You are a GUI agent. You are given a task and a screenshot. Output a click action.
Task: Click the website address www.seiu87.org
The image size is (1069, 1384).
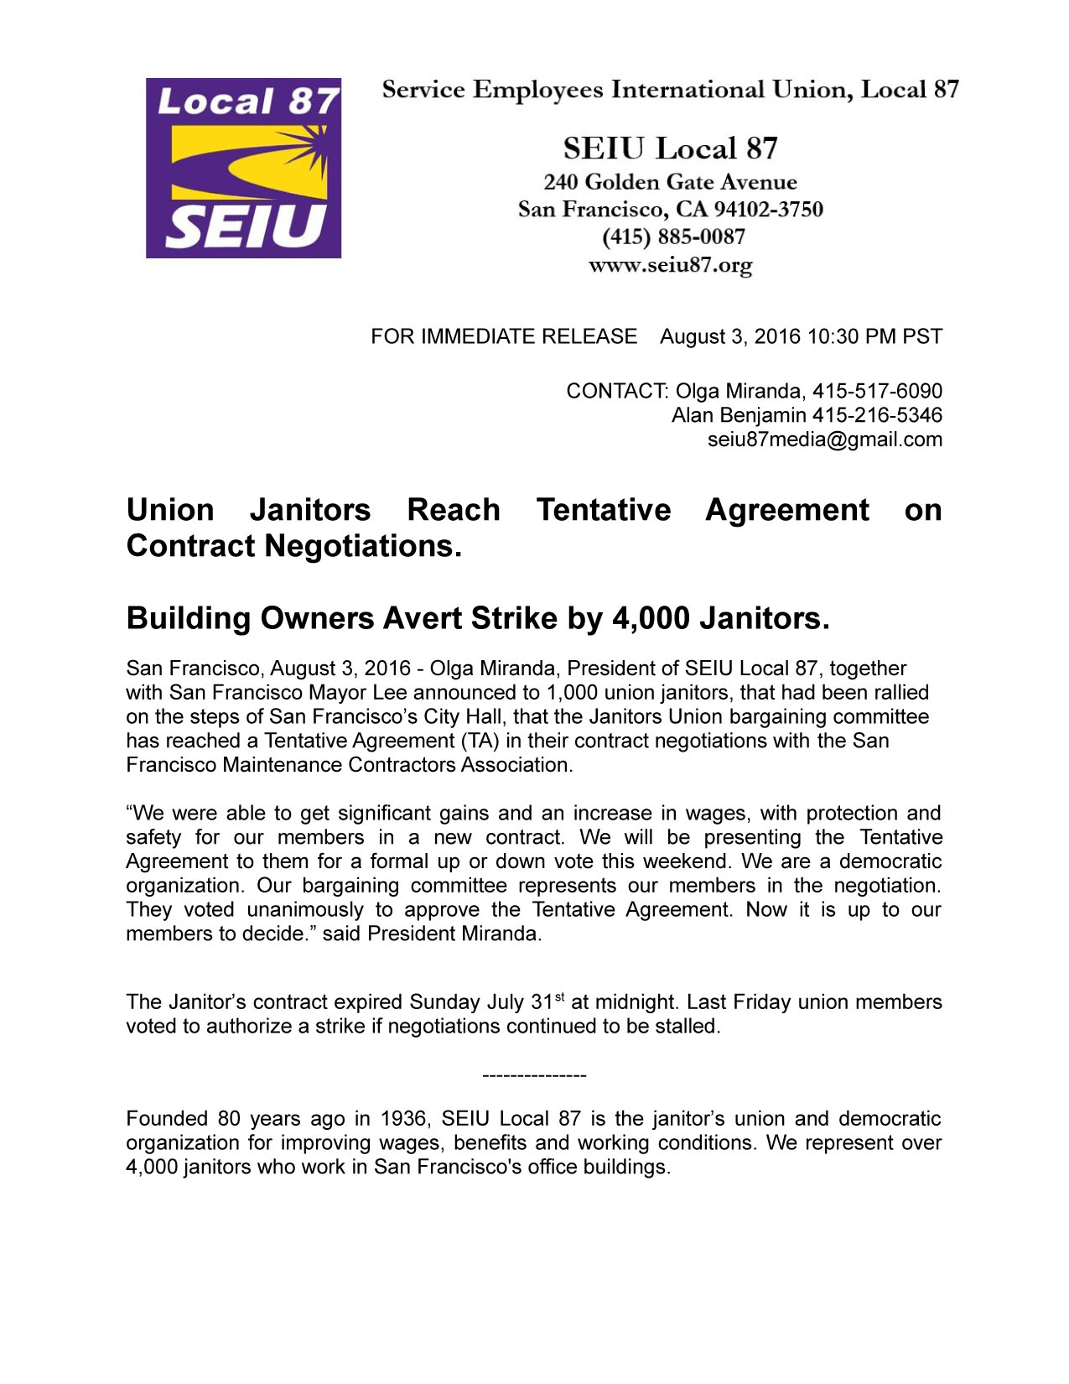[x=670, y=266]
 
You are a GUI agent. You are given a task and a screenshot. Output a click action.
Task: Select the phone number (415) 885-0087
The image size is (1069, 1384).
[x=673, y=237]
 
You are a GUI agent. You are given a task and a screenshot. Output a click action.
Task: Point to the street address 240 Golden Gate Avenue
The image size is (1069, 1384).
[x=670, y=182]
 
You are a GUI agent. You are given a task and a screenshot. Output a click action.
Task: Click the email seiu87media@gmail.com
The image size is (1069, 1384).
[x=825, y=440]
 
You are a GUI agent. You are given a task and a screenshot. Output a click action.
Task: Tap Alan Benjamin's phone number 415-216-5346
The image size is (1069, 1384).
[x=877, y=415]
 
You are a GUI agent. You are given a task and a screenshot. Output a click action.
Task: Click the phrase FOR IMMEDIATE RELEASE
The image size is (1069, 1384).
[x=504, y=336]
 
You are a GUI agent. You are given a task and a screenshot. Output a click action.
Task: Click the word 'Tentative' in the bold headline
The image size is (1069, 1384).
[x=604, y=510]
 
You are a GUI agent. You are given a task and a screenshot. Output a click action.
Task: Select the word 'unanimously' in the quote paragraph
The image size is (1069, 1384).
[x=305, y=910]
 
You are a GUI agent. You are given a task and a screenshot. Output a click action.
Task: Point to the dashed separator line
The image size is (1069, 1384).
[x=535, y=1075]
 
